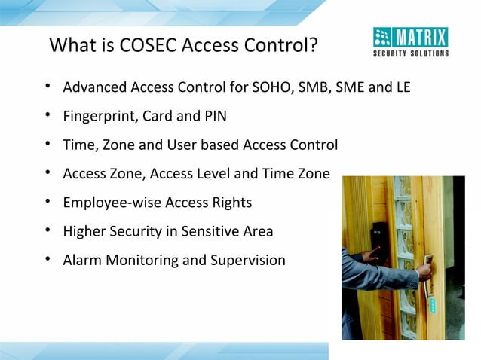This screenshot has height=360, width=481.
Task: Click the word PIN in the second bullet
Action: [x=213, y=117]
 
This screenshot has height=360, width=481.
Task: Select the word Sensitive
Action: [x=209, y=231]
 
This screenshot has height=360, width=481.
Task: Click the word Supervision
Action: [x=247, y=261]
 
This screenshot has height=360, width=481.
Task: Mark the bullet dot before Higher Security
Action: [x=47, y=231]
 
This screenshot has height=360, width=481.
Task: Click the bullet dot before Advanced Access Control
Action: [x=47, y=87]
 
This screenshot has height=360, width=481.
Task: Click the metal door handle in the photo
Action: [x=427, y=275]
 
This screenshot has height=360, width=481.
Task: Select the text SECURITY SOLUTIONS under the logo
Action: [x=411, y=53]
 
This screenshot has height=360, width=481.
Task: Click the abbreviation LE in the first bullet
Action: [x=402, y=87]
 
